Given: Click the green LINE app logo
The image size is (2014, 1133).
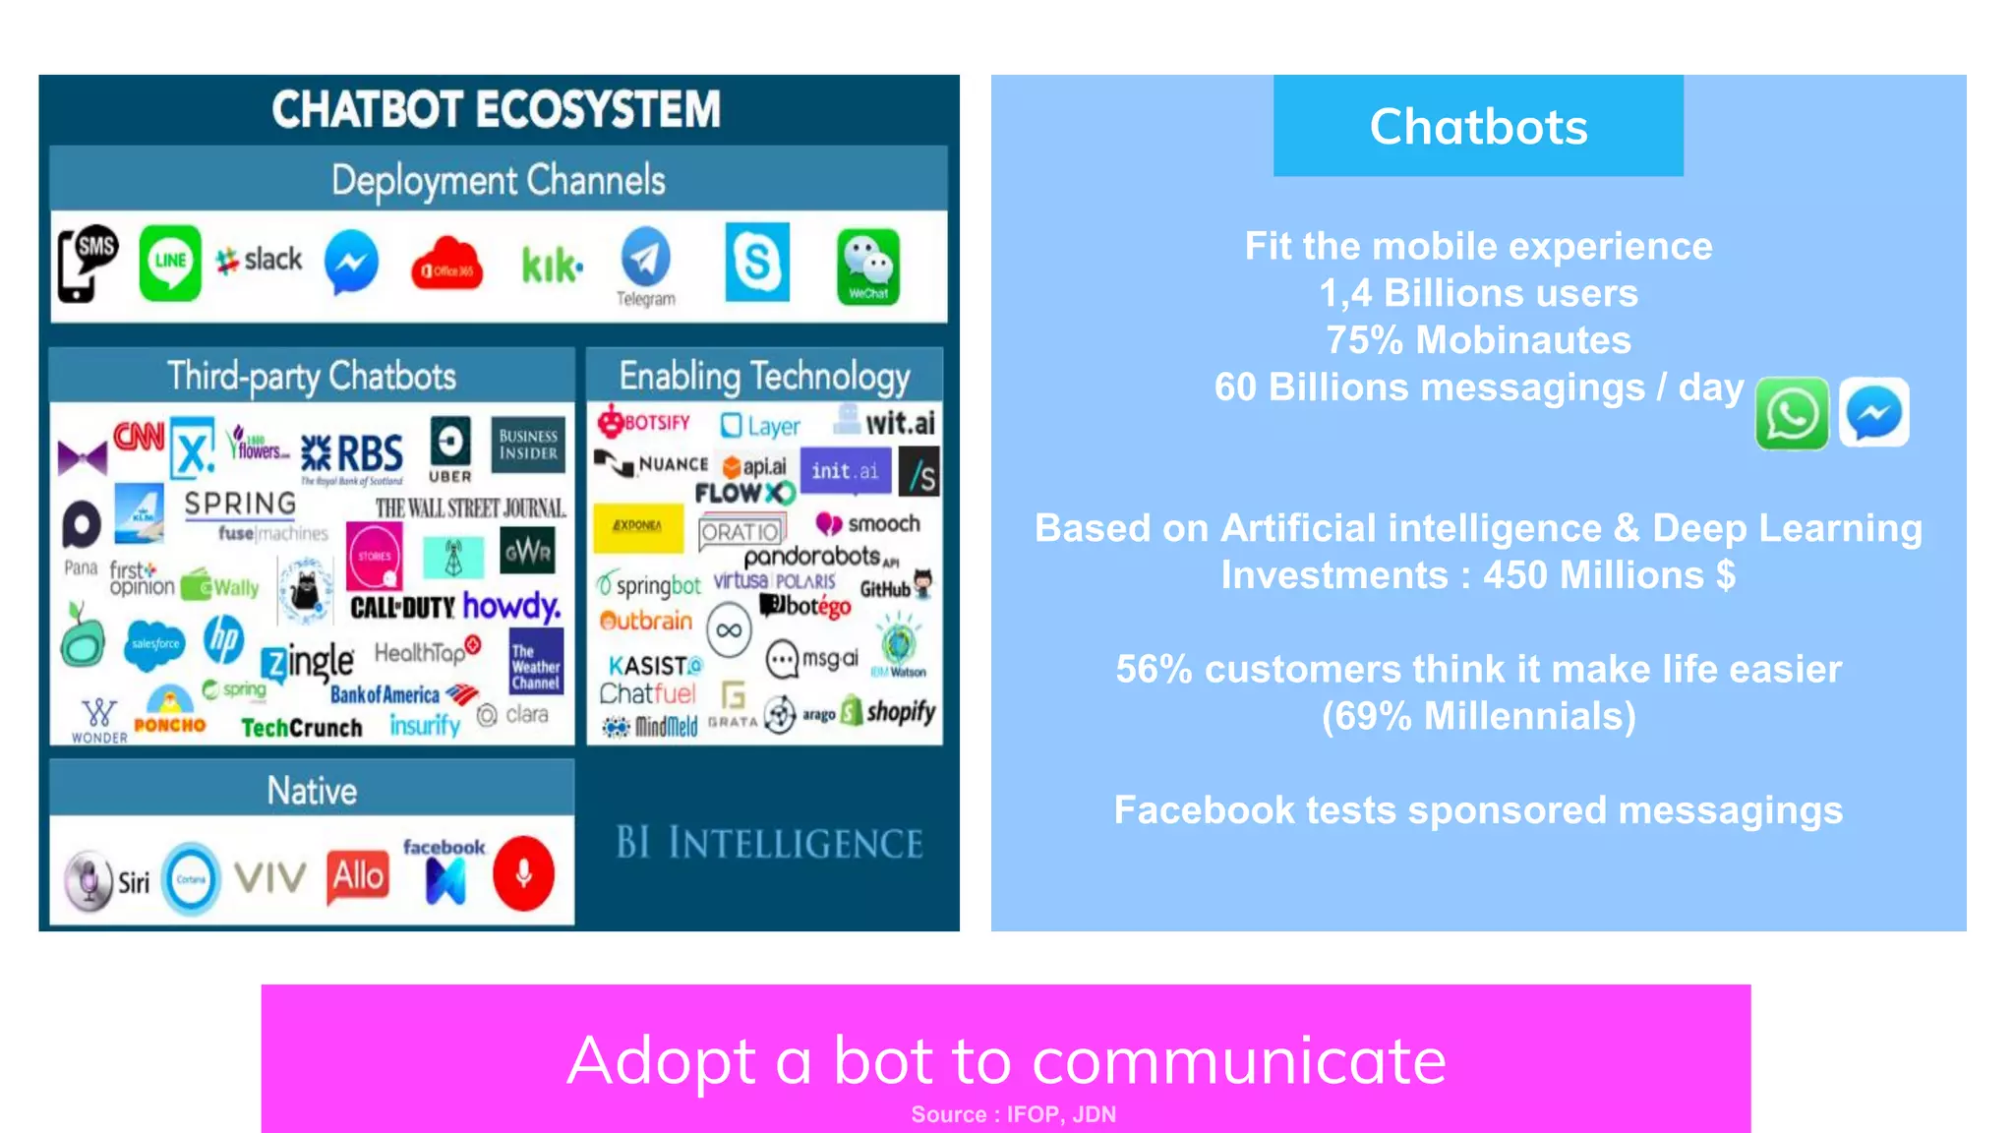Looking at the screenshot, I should click(x=170, y=262).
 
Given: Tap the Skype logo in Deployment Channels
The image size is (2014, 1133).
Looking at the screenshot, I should click(x=757, y=262).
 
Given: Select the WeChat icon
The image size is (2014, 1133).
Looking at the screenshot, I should click(x=868, y=266).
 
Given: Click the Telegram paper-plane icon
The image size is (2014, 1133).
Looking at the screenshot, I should click(x=645, y=258).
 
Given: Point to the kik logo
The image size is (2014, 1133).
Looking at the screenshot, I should click(x=551, y=266).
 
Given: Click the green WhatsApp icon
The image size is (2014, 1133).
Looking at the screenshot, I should click(x=1792, y=414).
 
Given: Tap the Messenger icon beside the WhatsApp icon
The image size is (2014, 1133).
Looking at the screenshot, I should click(x=1874, y=413).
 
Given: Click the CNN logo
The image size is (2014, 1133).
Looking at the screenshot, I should click(x=139, y=436).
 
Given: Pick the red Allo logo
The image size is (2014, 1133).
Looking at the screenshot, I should click(x=358, y=874).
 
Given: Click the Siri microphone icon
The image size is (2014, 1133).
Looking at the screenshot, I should click(x=89, y=879).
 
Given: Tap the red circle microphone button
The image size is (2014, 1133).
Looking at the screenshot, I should click(x=524, y=873).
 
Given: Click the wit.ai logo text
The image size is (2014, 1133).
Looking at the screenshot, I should click(x=900, y=423).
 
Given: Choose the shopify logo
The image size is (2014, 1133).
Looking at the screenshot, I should click(x=891, y=711).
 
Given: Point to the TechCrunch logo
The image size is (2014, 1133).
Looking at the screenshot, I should click(x=302, y=728).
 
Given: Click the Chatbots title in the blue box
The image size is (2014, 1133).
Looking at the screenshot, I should click(x=1478, y=127).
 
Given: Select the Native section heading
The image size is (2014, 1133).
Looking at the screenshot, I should click(x=312, y=791).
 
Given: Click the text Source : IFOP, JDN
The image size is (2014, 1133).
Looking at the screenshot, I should click(x=1013, y=1114).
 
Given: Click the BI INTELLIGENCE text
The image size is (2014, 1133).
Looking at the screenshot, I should click(x=769, y=844).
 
